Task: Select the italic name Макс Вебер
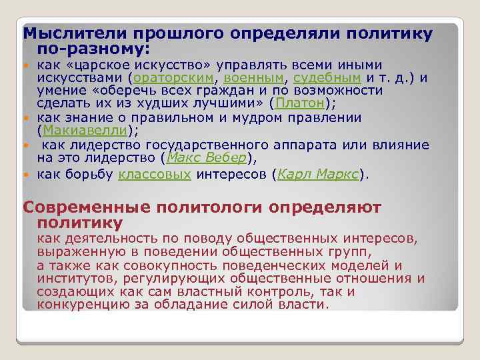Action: point(206,157)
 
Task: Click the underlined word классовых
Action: point(155,175)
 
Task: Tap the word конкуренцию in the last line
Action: point(76,305)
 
